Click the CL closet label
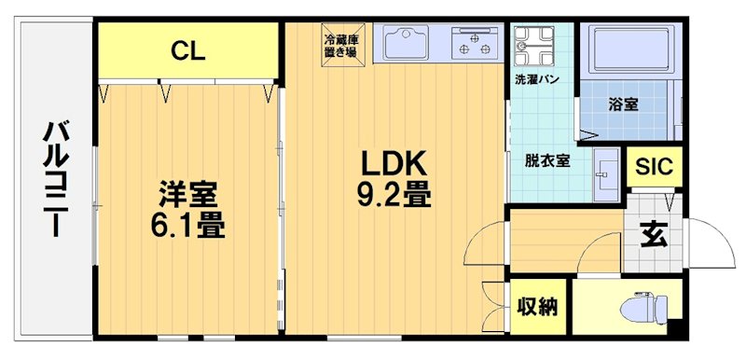point(187,52)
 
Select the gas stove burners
point(476,44)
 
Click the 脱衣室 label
point(547,159)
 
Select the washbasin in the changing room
point(605,173)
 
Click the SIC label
point(653,168)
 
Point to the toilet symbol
point(646,306)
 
